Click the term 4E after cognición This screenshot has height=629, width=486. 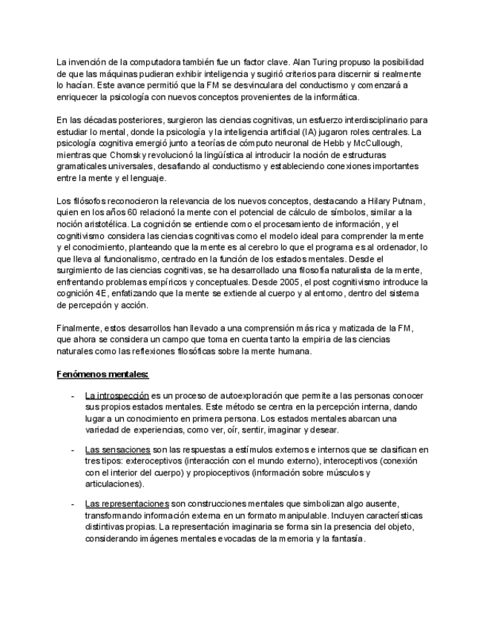tap(100, 294)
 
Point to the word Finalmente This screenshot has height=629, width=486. tap(78, 328)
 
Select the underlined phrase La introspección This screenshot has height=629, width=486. tap(117, 396)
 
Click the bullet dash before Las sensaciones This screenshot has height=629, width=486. tap(72, 449)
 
